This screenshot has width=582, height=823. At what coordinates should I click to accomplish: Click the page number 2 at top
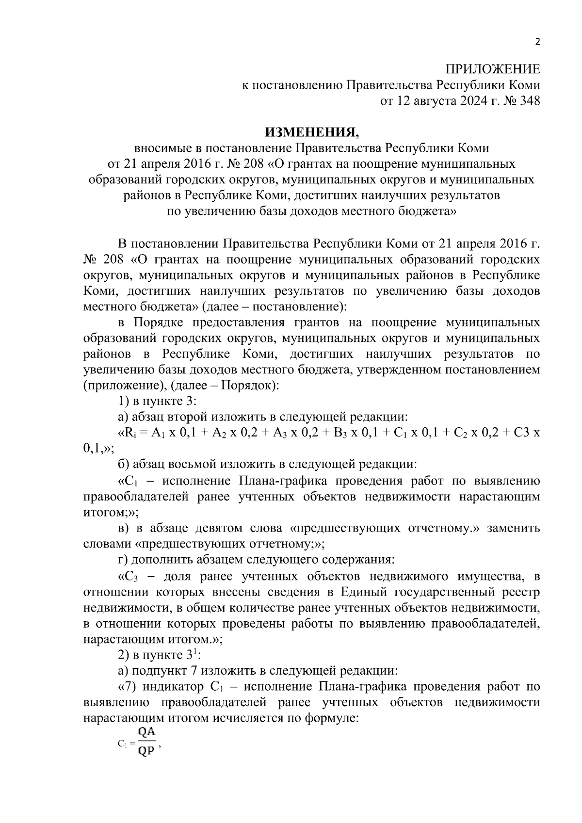click(x=537, y=42)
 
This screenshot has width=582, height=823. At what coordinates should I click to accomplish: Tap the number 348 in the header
click(x=529, y=101)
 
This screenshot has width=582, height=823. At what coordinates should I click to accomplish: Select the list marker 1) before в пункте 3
click(x=124, y=401)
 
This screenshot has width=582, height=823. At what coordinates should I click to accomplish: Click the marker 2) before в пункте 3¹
click(x=124, y=655)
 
